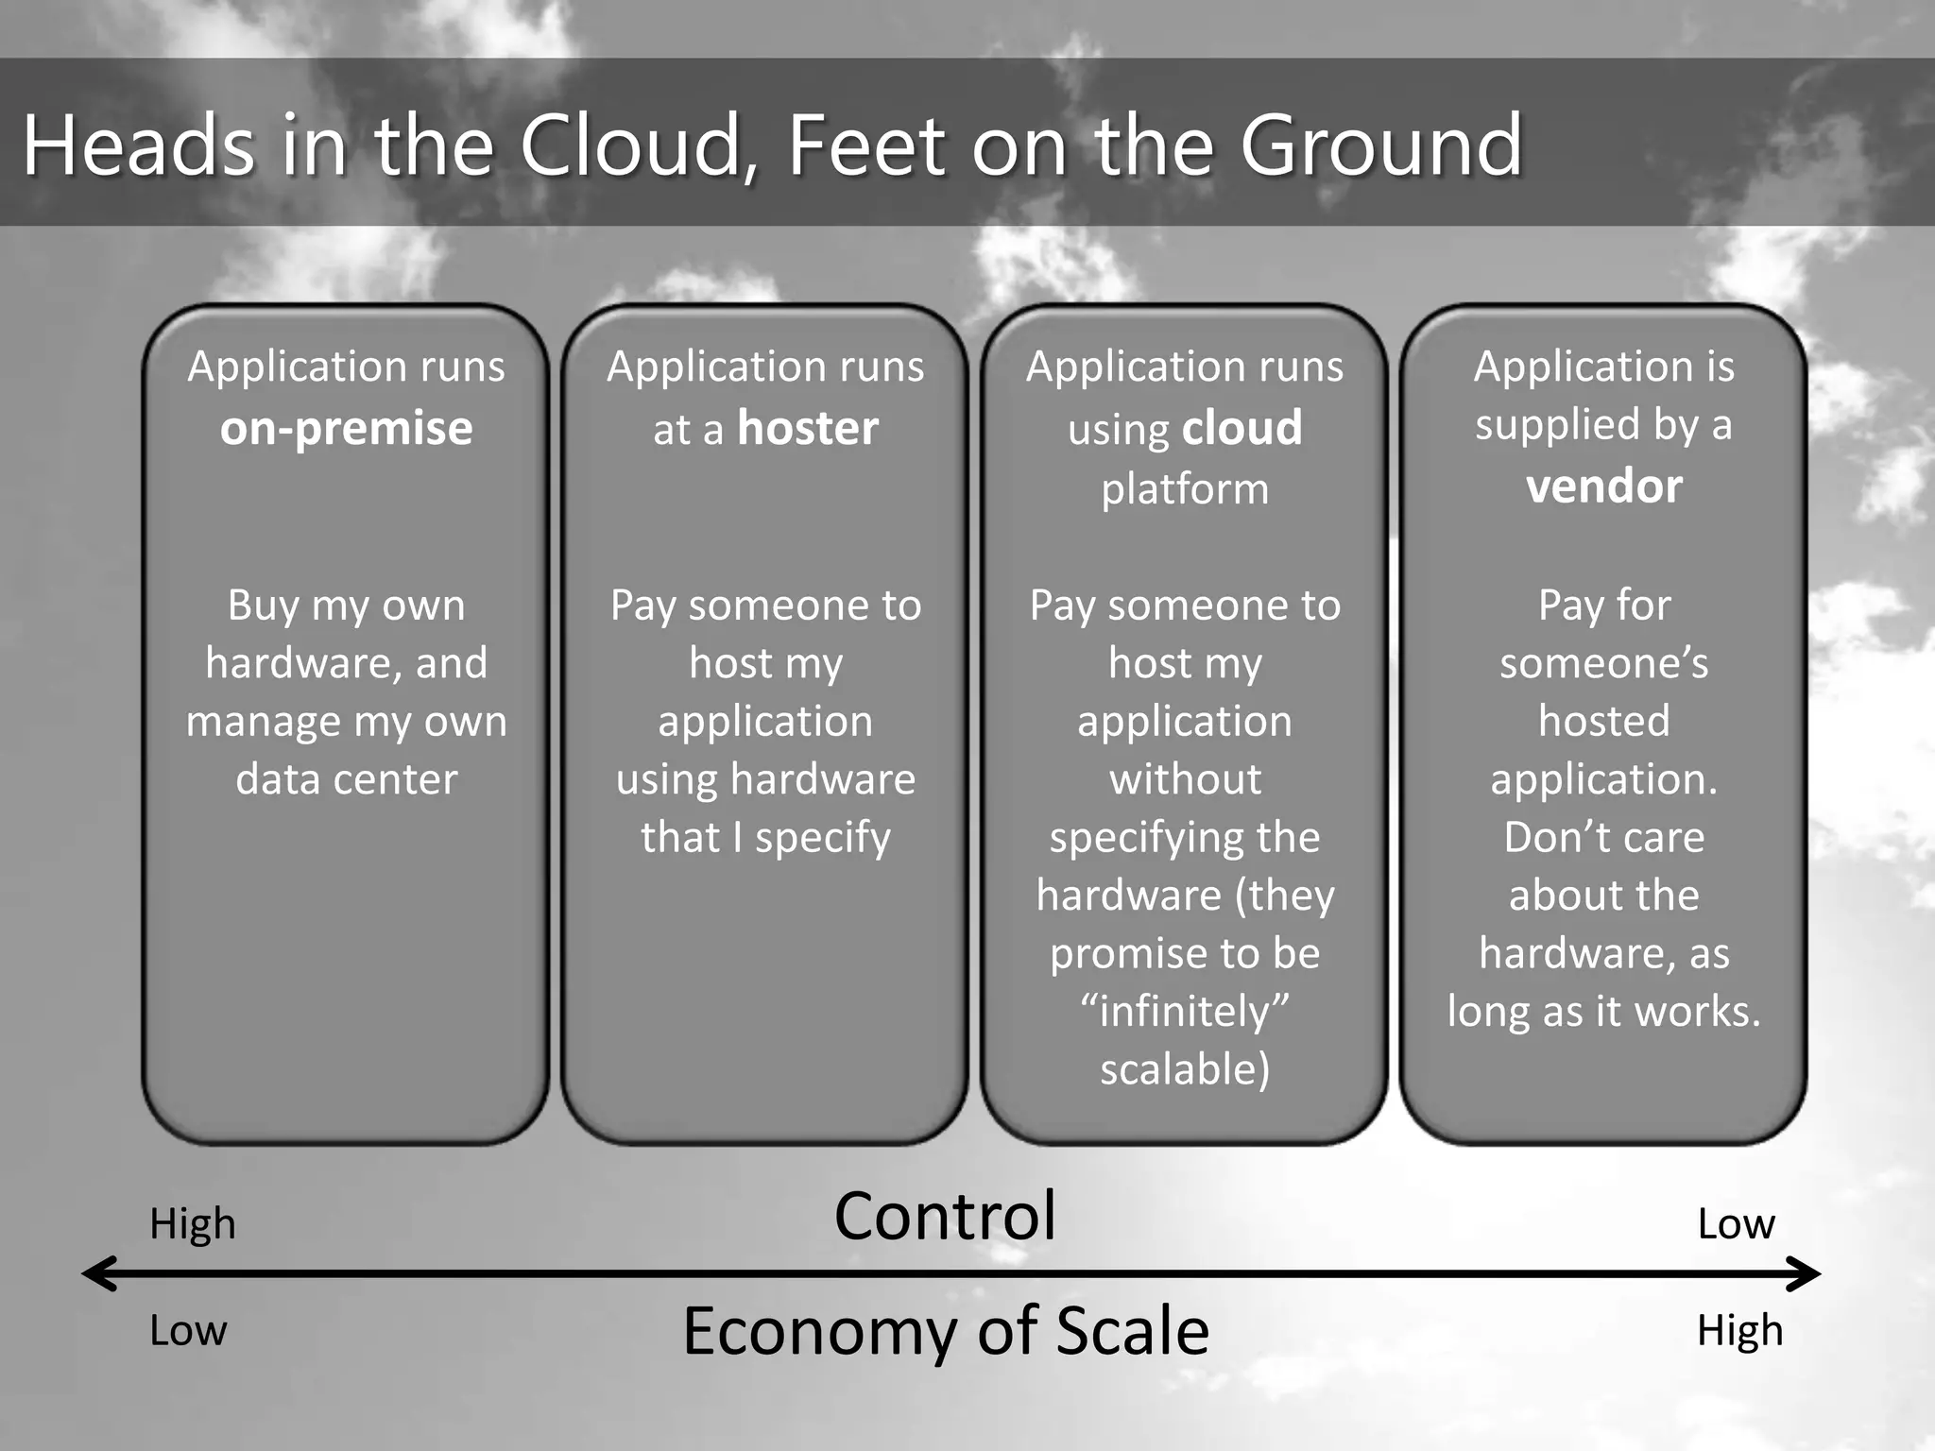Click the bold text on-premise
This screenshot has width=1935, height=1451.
click(x=346, y=429)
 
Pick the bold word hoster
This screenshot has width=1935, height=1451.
click(x=808, y=429)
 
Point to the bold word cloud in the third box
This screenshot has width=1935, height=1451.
click(x=1241, y=429)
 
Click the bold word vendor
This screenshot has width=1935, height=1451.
click(x=1603, y=487)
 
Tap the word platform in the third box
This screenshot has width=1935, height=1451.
click(x=1185, y=489)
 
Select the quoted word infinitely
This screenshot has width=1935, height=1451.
click(x=1185, y=1011)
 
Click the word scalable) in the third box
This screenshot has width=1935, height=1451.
click(x=1185, y=1069)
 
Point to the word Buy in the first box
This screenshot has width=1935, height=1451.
click(x=263, y=606)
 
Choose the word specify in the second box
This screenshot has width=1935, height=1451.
click(x=822, y=838)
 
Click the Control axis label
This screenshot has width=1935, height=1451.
click(x=945, y=1216)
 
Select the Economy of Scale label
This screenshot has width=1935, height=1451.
click(x=946, y=1331)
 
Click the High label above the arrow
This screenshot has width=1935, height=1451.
click(x=193, y=1224)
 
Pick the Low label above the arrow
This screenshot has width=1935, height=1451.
click(x=1736, y=1224)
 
